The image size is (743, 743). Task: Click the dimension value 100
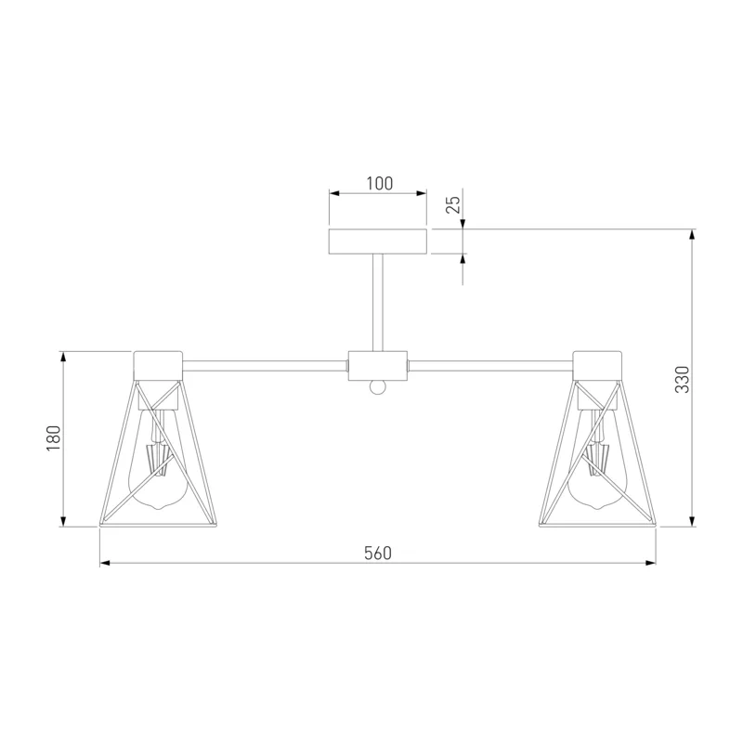coord(380,183)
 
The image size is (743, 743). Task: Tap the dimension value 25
coord(454,204)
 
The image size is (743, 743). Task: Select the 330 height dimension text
coord(683,380)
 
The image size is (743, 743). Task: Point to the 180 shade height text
coord(54,438)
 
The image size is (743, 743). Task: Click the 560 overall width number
coord(378,553)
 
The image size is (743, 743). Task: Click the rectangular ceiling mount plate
coord(378,241)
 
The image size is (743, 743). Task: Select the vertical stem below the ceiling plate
coord(378,303)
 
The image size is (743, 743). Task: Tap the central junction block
coord(378,365)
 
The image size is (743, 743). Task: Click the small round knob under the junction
coord(378,386)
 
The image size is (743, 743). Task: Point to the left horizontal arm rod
coord(265,366)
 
